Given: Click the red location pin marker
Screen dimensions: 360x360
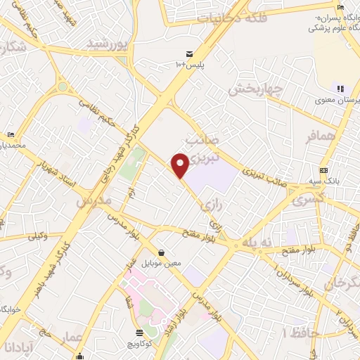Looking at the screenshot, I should click(x=181, y=165).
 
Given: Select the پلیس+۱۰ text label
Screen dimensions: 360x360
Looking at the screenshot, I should click(x=189, y=65).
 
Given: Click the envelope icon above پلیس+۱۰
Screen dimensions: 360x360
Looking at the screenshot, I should click(x=189, y=54).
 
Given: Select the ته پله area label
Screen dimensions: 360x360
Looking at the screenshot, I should click(x=257, y=241).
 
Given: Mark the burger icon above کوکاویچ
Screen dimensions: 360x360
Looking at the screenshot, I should click(x=139, y=333).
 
